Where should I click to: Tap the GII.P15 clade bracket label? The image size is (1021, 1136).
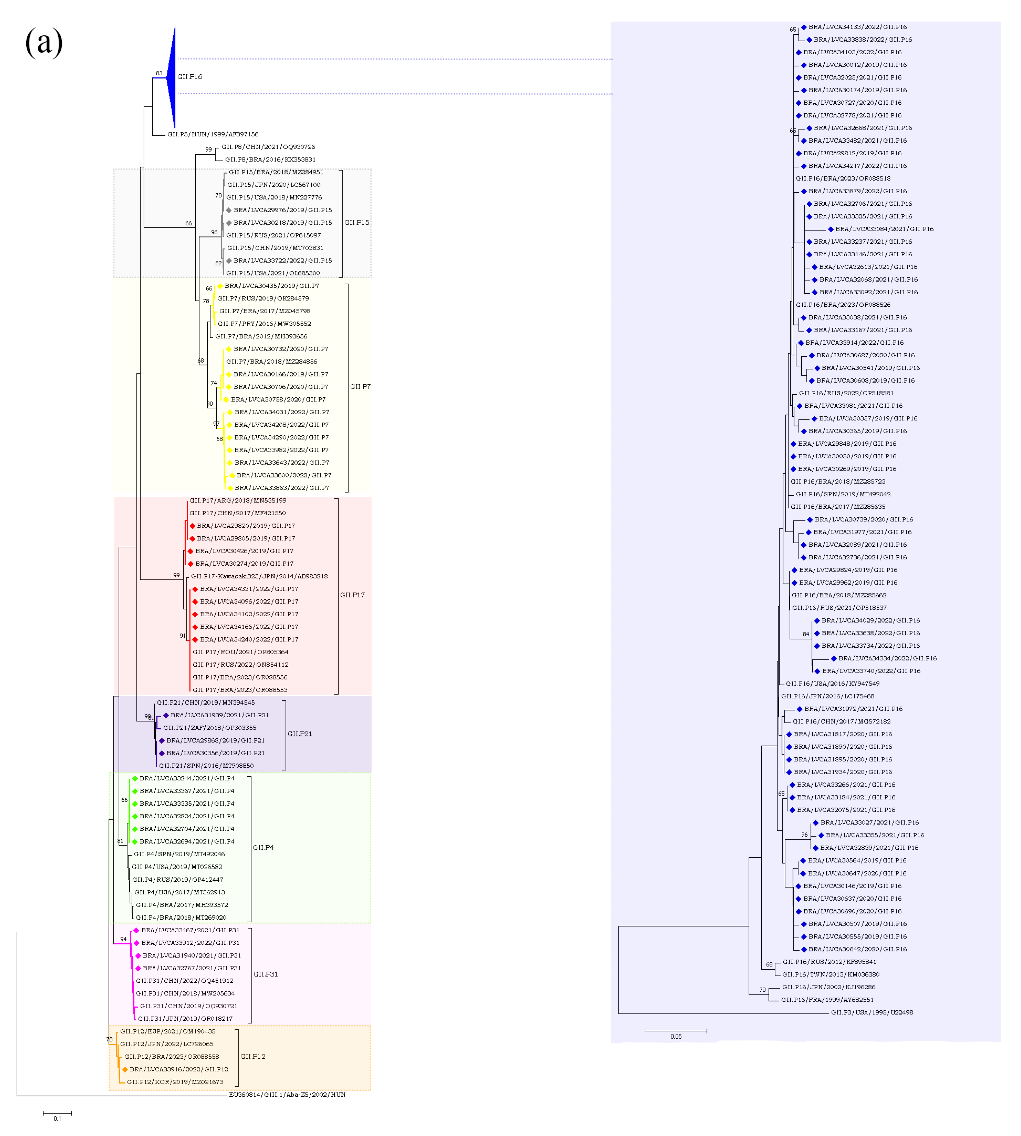pos(357,223)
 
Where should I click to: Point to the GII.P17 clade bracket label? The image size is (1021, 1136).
pos(352,595)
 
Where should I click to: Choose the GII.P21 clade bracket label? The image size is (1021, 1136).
pos(300,734)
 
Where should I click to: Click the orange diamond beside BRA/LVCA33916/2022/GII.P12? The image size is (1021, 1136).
pos(125,1069)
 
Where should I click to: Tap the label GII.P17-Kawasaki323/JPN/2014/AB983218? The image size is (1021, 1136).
pos(259,576)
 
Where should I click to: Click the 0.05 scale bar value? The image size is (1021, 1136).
pos(676,1036)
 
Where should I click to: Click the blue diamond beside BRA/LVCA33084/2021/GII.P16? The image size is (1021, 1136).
pos(831,229)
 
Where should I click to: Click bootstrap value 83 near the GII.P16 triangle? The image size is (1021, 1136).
pos(159,73)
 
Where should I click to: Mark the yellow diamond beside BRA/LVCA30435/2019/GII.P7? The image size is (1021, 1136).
pos(220,286)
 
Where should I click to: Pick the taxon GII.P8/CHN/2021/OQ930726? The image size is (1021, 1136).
pos(268,147)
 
